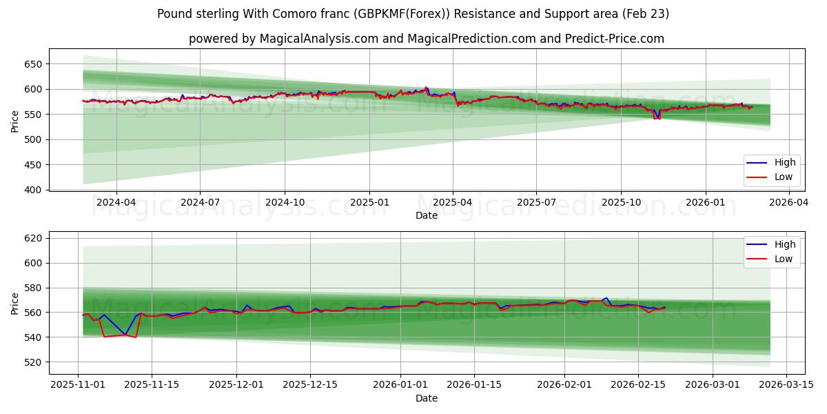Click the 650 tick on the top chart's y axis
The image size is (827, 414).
tap(33, 64)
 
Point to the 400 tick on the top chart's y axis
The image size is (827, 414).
tap(33, 190)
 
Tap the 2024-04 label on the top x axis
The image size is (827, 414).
tap(116, 203)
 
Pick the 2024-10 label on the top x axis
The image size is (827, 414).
tap(285, 203)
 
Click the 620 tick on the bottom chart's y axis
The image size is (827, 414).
tap(33, 238)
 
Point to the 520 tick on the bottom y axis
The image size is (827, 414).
tap(33, 362)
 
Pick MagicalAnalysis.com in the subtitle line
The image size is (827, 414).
tap(318, 39)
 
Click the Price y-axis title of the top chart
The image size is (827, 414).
tap(15, 121)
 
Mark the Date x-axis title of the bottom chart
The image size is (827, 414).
tap(426, 398)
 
